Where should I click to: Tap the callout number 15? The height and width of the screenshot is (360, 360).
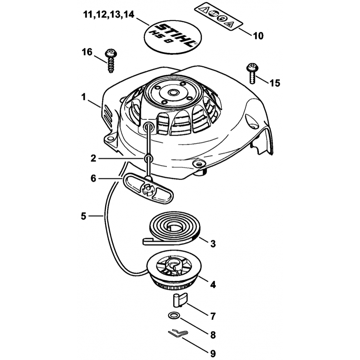click(274, 83)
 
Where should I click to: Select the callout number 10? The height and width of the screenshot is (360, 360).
click(258, 36)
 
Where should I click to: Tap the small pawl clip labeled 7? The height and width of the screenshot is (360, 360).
click(178, 299)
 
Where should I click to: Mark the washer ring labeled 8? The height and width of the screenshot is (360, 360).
click(174, 316)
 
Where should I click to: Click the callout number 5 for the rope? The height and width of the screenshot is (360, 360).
click(83, 216)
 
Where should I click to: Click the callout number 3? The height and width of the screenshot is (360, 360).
click(213, 244)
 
